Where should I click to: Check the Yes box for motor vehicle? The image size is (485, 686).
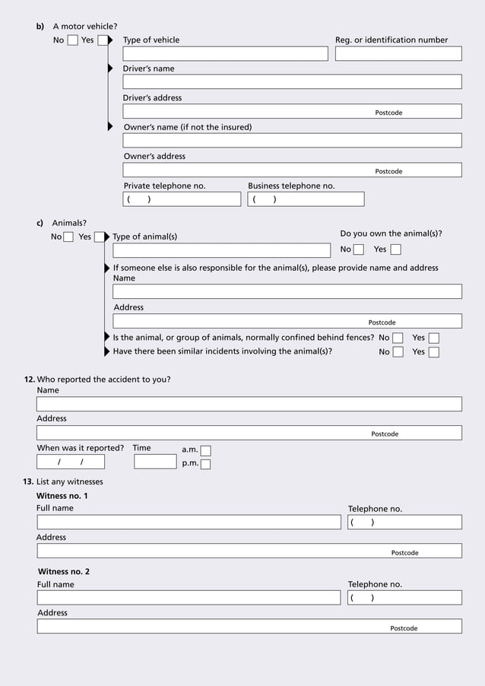coord(103,40)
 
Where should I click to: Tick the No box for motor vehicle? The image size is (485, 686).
coord(72,40)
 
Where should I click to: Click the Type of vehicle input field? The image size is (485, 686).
coord(225,54)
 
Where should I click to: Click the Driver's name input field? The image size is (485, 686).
coord(292,82)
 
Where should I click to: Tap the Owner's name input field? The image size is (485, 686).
coord(292,141)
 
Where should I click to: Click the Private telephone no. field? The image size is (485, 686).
coord(182,199)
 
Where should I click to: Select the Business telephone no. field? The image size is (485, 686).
coord(306,199)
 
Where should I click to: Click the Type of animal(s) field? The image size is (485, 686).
coord(221,250)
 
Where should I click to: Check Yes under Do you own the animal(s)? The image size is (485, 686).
coord(395,249)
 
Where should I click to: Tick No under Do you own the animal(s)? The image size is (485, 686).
coord(359,249)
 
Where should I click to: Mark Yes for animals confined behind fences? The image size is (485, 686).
coord(433,338)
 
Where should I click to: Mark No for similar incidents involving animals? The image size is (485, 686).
coord(398,352)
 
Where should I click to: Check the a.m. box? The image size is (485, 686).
coord(205,450)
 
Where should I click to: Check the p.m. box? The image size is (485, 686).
coord(205,464)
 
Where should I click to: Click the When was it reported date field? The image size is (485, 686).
coord(71,462)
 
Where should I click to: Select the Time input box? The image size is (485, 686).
coord(155,462)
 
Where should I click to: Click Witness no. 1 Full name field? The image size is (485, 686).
coord(189,522)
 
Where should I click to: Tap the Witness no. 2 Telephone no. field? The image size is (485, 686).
coord(404,598)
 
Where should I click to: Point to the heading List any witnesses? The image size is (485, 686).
coord(69,481)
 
